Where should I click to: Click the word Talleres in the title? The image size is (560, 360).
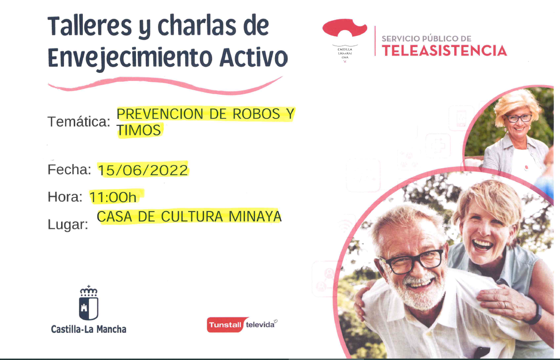(x=90, y=26)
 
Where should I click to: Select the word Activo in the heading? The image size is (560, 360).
(x=253, y=57)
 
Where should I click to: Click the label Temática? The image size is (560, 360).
(x=79, y=122)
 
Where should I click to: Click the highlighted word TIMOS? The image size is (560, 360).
(x=139, y=130)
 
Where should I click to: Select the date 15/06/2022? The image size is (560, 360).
(x=143, y=170)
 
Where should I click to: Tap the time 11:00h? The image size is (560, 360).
(x=113, y=197)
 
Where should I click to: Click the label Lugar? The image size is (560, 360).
(x=68, y=225)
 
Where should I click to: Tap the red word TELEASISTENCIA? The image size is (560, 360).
(x=444, y=51)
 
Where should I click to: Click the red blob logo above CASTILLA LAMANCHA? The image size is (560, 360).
(x=344, y=28)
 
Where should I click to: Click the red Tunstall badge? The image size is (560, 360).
(x=225, y=325)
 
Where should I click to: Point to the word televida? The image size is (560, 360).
(x=260, y=325)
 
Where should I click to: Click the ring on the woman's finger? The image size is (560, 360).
(x=505, y=305)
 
